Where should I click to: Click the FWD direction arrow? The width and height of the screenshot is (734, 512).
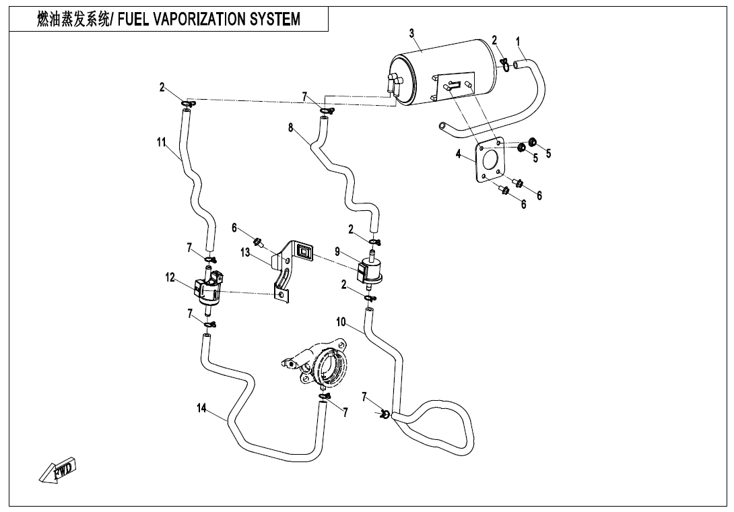point(59,470)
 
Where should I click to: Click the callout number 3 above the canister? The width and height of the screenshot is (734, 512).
point(411,33)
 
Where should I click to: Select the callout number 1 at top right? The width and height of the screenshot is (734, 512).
point(518,41)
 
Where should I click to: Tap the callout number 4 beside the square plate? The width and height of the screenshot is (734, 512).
point(458,154)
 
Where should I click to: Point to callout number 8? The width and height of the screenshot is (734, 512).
point(291,127)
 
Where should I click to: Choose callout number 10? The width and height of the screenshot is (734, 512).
point(341,323)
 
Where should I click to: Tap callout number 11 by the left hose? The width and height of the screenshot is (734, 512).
point(162,141)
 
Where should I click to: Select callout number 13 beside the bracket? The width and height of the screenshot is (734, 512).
point(245,252)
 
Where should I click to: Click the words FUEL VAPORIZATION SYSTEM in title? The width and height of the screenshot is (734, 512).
point(209,20)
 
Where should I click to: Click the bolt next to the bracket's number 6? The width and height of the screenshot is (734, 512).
point(258,241)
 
